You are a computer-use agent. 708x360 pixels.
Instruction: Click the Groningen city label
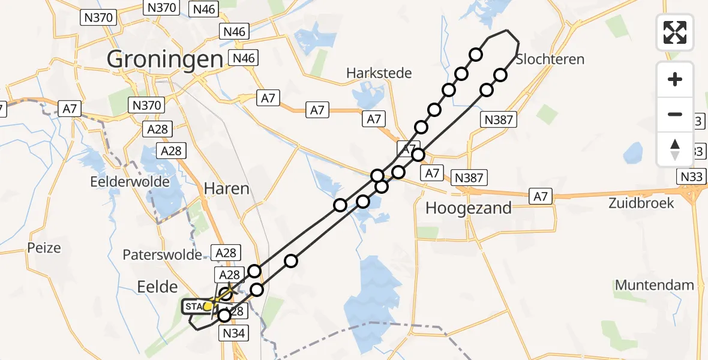(164, 59)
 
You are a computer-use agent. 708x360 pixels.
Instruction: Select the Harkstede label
(379, 73)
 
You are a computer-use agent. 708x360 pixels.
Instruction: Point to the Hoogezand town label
(469, 208)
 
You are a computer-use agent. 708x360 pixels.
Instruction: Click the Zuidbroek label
(641, 203)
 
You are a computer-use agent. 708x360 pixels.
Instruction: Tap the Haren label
(226, 188)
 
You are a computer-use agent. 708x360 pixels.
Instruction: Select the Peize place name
(44, 247)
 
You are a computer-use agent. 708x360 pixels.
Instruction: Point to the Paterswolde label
(162, 255)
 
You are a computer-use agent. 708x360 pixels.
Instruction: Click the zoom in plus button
(675, 79)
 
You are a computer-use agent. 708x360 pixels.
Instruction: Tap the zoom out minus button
(675, 114)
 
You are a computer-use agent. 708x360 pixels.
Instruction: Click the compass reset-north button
(675, 149)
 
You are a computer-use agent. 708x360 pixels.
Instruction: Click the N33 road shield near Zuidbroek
(693, 177)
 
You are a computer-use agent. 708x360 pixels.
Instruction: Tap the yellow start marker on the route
(208, 307)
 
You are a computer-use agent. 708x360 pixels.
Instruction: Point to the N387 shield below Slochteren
(498, 120)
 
